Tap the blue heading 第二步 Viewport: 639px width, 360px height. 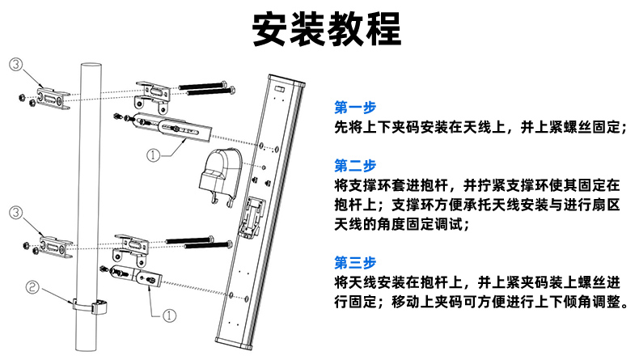[355, 166]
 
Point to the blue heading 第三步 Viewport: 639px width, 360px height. [355, 263]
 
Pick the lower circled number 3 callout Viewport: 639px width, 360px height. [15, 213]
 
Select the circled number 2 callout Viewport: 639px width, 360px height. [32, 286]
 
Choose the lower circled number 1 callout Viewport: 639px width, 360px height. [170, 314]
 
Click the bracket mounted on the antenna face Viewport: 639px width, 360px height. [254, 214]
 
